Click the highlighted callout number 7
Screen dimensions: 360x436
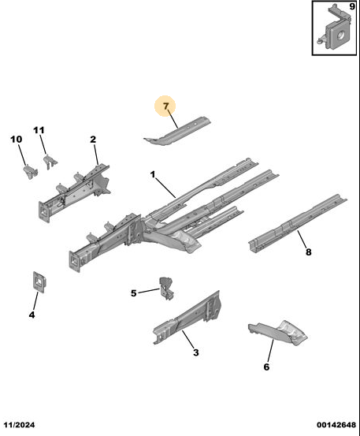coord(166,106)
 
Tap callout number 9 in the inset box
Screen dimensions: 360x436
coord(352,6)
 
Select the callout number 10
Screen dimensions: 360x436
coord(17,139)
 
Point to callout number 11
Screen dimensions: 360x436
coord(39,130)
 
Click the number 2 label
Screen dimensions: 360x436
coord(93,140)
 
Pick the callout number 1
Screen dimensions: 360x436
coord(153,174)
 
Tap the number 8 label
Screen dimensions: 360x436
coord(308,252)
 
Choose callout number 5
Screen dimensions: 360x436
coord(134,293)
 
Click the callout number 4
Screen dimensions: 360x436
coord(32,315)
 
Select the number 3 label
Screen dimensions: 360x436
coord(196,352)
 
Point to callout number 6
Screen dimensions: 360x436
coord(266,367)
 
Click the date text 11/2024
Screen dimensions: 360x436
coord(19,425)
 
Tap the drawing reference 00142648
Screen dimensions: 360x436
coord(336,425)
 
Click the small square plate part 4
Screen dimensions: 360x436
coord(39,282)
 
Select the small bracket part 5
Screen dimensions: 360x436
coord(167,289)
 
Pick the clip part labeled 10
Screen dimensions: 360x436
coord(30,172)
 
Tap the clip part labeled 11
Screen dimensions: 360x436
coord(50,162)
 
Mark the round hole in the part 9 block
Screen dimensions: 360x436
coord(340,35)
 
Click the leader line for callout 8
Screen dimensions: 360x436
coord(302,239)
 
